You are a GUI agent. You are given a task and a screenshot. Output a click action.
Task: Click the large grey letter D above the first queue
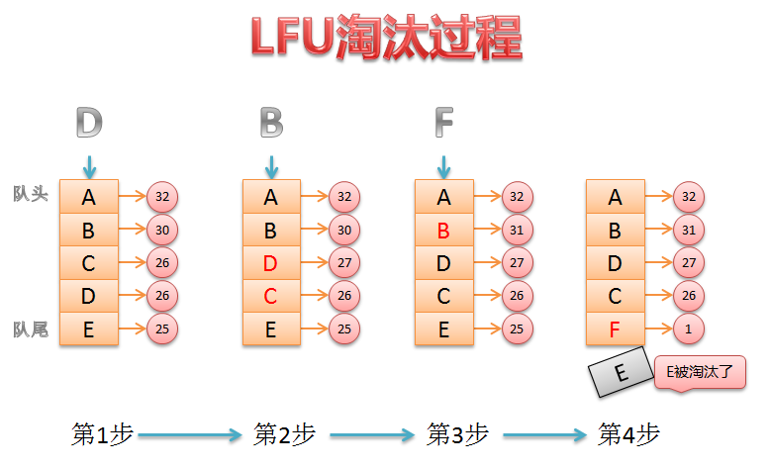point(89,123)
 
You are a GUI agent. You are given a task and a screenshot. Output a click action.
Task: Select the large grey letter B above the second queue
point(271,123)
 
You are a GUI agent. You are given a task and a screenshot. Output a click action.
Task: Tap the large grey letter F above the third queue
point(443,123)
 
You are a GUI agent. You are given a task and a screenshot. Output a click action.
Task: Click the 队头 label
point(31,194)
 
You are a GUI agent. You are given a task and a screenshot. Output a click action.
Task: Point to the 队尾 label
point(31,328)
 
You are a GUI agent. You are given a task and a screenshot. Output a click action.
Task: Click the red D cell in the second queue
point(271,264)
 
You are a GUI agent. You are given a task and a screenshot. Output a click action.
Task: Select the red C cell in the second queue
point(271,296)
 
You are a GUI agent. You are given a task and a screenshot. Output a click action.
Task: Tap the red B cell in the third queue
point(443,231)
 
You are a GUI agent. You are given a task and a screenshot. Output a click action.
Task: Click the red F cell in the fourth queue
point(615,328)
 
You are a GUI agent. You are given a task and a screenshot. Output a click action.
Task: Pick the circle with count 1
point(688,328)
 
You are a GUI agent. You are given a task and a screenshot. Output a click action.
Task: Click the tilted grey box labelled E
point(619,374)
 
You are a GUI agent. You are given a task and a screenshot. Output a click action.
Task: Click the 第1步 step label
point(102,433)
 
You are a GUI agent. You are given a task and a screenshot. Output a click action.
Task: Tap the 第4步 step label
point(628,433)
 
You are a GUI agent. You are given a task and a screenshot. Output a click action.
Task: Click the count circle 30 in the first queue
point(162,230)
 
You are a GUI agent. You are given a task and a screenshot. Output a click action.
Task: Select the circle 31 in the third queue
point(517,230)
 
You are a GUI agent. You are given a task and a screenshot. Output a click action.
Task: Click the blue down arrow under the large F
point(443,165)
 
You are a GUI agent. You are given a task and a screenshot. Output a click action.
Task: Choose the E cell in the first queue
point(89,328)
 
